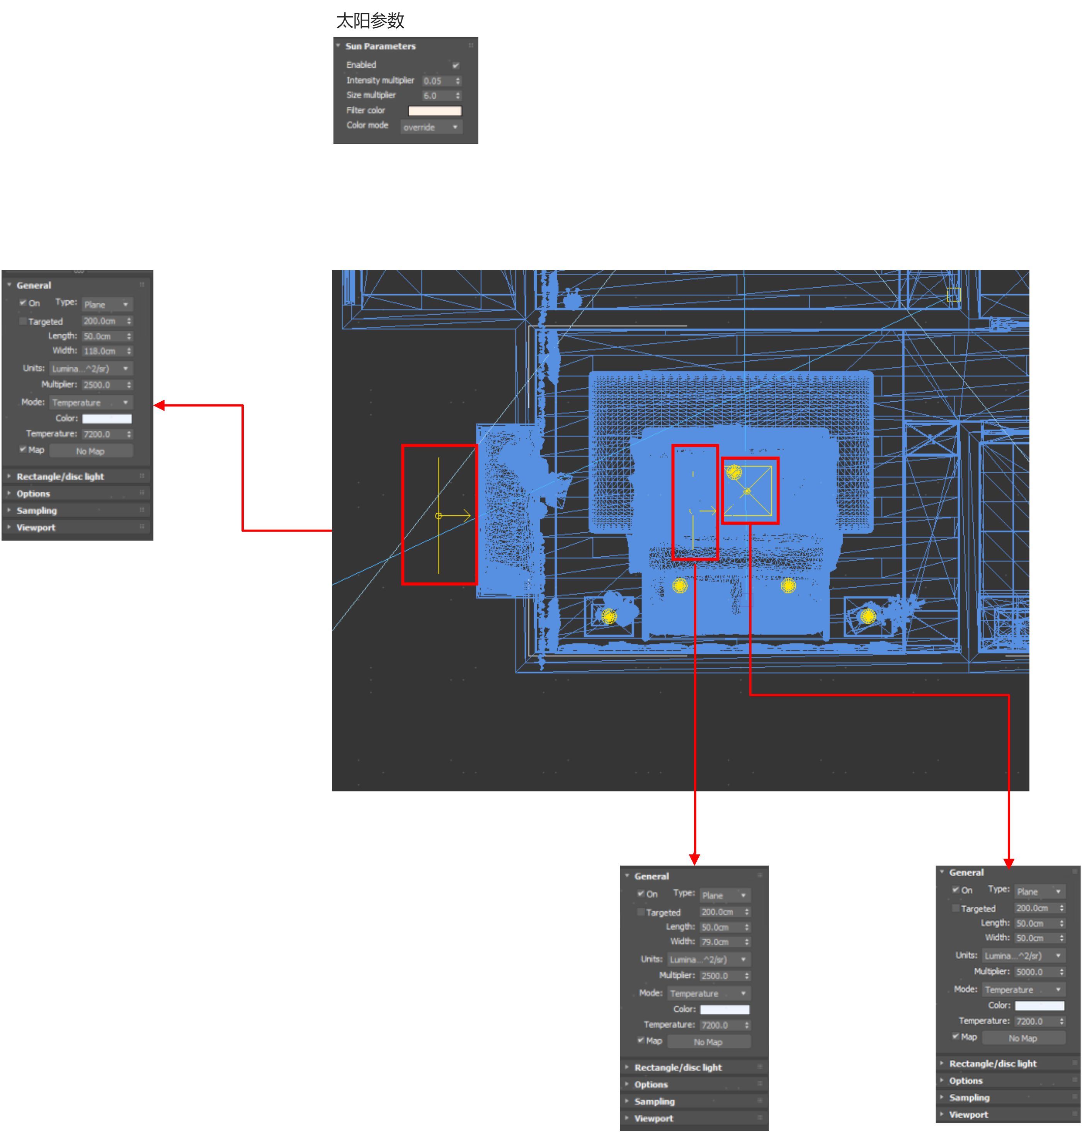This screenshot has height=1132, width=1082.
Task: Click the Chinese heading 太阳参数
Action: tap(370, 21)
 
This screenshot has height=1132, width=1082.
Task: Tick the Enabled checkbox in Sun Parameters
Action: tap(456, 65)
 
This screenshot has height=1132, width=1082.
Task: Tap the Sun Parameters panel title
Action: tap(380, 46)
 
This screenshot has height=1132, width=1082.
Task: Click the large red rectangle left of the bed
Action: tap(439, 514)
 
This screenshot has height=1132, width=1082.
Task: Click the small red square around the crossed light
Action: tap(750, 491)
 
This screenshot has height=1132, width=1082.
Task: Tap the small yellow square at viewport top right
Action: tap(953, 295)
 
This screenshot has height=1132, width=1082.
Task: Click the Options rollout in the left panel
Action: tap(34, 494)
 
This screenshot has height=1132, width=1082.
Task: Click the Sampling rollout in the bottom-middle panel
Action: tap(655, 1101)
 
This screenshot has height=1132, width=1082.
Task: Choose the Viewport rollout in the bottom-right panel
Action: tap(968, 1115)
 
